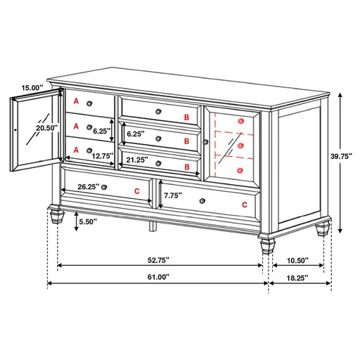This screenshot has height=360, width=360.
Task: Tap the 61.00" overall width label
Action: (x=158, y=277)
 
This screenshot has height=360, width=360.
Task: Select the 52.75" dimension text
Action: (x=158, y=259)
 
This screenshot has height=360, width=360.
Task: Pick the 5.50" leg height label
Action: (x=88, y=221)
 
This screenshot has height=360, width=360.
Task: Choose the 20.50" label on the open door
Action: (x=27, y=128)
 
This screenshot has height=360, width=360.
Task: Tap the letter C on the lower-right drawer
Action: (x=245, y=205)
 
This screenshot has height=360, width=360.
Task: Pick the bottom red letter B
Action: (x=186, y=166)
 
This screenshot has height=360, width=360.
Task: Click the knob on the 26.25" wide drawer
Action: (x=103, y=188)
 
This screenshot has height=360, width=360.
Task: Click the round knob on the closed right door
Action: (x=206, y=142)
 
